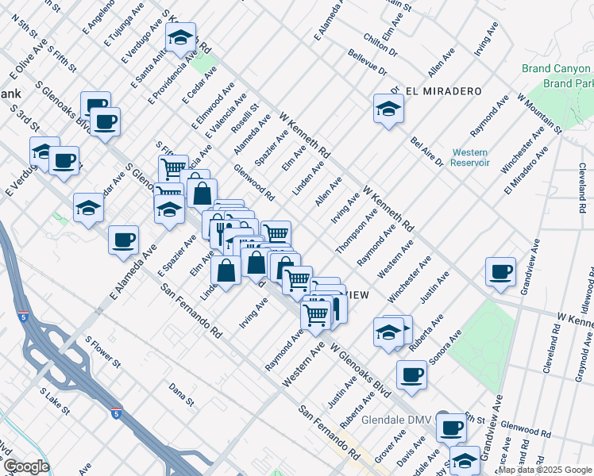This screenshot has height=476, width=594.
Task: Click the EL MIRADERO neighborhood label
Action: coord(444,91)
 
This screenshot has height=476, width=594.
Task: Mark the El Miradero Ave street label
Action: coord(526,170)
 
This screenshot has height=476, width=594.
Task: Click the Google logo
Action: coord(26,466)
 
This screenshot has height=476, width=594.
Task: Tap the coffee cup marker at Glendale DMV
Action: coord(452,428)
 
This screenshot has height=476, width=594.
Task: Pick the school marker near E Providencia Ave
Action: coord(180,38)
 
